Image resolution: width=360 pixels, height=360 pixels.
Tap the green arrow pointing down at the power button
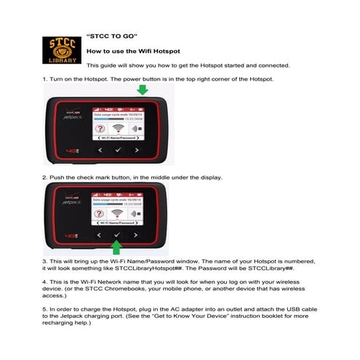pyautogui.click(x=143, y=89)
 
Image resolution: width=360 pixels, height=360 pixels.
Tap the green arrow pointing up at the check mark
pyautogui.click(x=116, y=247)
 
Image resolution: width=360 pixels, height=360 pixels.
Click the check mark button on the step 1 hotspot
pyautogui.click(x=117, y=150)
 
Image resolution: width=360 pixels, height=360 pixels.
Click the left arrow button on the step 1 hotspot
pyautogui.click(x=100, y=150)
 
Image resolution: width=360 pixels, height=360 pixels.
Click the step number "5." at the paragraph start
pyautogui.click(x=45, y=313)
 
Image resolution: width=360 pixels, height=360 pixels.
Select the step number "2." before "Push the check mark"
pyautogui.click(x=45, y=177)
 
